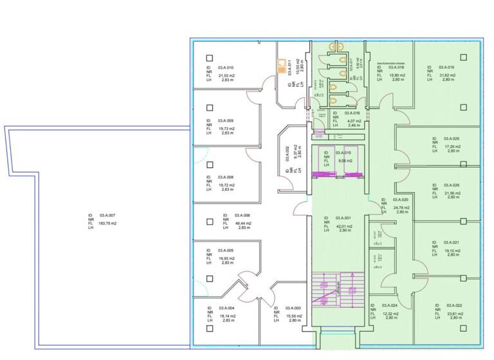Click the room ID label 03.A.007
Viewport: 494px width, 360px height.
107,215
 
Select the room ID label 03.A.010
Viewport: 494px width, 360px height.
225,67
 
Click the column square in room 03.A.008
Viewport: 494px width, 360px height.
209,165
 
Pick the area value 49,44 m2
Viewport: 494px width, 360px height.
242,224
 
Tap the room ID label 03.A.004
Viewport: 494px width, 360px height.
225,309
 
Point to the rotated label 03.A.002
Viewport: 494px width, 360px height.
288,155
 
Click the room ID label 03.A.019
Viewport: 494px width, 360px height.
446,67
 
